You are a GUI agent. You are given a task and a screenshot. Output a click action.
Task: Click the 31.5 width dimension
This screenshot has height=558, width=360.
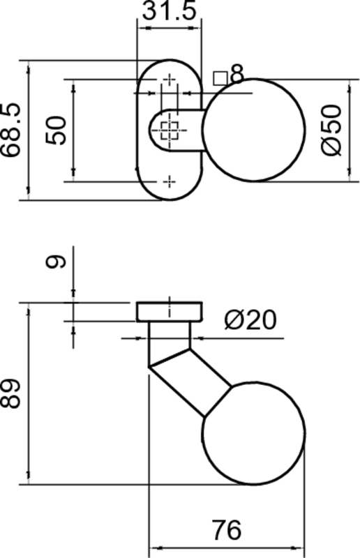pyautogui.click(x=170, y=12)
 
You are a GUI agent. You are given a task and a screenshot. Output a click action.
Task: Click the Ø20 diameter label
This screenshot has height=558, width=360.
pyautogui.click(x=250, y=320)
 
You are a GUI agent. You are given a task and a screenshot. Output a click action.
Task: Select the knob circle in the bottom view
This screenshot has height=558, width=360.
pyautogui.click(x=255, y=432)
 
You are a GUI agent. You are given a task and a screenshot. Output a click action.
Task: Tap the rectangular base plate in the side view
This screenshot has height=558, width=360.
pyautogui.click(x=170, y=312)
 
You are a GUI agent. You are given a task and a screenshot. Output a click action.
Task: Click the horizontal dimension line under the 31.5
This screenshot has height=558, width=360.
pyautogui.click(x=170, y=29)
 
